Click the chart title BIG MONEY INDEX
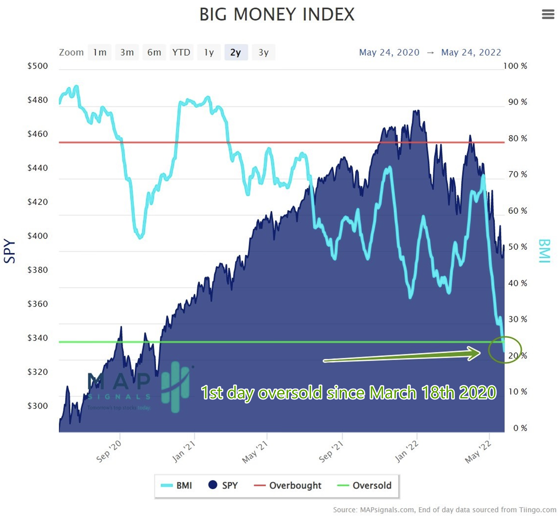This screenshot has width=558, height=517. (x=277, y=15)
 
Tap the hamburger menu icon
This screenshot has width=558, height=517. (x=548, y=14)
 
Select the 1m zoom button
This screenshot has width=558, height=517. (x=100, y=52)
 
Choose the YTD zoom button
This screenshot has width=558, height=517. (x=181, y=52)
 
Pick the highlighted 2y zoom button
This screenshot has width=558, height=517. (x=236, y=52)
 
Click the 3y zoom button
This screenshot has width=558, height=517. (x=263, y=52)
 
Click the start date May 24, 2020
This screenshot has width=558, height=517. (x=389, y=52)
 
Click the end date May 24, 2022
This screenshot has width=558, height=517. (x=471, y=52)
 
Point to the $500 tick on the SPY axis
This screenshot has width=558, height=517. (x=37, y=66)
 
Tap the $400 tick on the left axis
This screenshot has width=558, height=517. (x=37, y=236)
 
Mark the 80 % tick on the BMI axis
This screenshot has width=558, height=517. (x=517, y=138)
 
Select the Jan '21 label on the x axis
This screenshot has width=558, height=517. (x=184, y=452)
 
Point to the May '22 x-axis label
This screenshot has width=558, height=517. (x=478, y=452)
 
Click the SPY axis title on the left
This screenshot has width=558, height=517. (x=10, y=251)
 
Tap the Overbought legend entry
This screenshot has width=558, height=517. (x=287, y=486)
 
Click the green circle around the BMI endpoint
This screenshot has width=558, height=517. (x=505, y=350)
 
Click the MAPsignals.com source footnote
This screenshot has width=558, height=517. (x=444, y=510)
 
